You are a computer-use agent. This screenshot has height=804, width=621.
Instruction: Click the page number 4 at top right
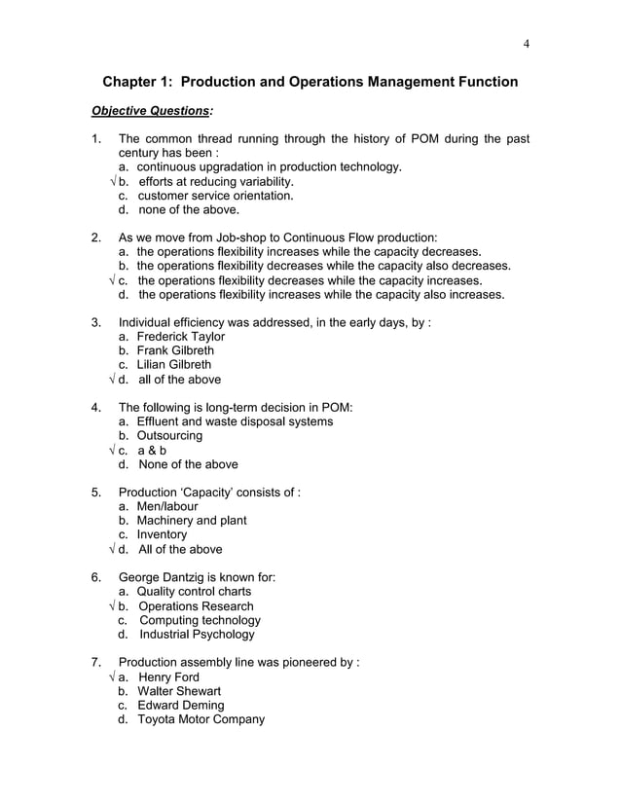pyautogui.click(x=526, y=43)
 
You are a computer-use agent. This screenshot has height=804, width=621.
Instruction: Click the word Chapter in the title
pyautogui.click(x=137, y=83)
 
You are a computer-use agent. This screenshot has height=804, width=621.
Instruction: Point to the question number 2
pyautogui.click(x=95, y=237)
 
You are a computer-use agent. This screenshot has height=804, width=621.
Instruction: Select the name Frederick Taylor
pyautogui.click(x=181, y=336)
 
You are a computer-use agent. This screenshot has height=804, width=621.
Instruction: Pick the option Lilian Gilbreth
pyautogui.click(x=174, y=365)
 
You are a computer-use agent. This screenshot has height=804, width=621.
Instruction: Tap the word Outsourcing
pyautogui.click(x=169, y=436)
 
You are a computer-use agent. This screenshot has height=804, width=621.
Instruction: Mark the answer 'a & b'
pyautogui.click(x=152, y=451)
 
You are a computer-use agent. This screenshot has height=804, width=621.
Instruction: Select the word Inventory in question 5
pyautogui.click(x=162, y=534)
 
